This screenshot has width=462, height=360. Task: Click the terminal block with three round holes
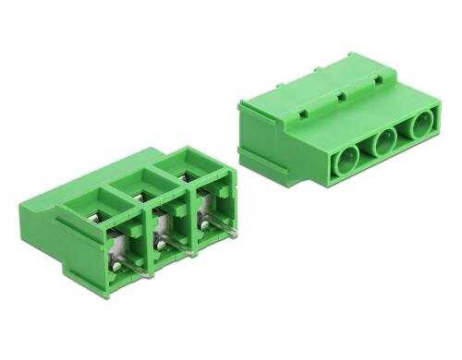pos(342,120)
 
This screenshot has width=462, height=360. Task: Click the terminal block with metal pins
pos(148,217)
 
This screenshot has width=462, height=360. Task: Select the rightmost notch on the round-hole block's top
pos(373,82)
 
